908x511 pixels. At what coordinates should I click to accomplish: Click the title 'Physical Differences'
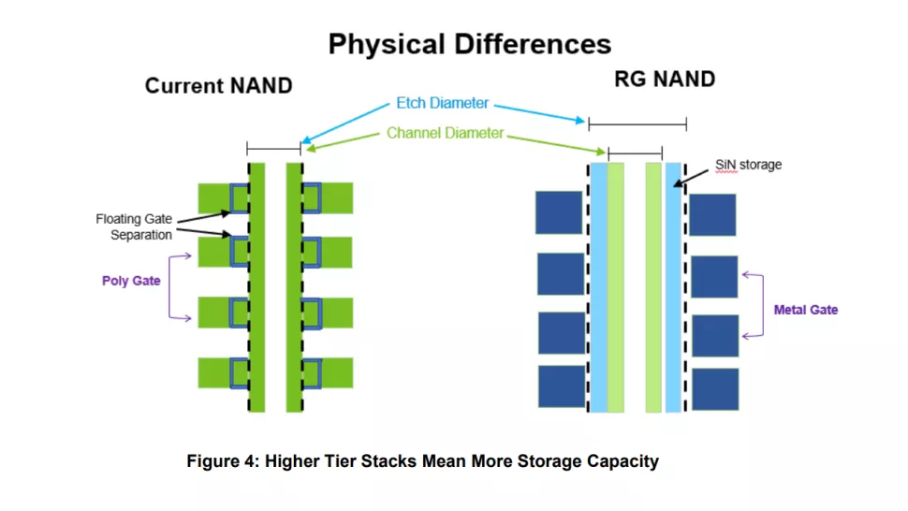tap(469, 43)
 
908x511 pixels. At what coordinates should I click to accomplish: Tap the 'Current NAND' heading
tap(218, 86)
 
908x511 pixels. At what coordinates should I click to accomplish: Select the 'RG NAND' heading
tap(664, 79)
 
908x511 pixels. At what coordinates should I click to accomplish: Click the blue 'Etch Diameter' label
tap(442, 104)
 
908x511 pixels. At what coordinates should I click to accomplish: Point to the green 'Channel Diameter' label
tap(445, 133)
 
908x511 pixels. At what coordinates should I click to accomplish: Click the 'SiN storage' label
tap(748, 165)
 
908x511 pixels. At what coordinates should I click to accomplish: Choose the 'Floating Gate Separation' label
tap(133, 227)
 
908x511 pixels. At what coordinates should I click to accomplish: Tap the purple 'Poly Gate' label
tap(131, 280)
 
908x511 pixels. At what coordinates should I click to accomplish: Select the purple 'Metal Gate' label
tap(805, 310)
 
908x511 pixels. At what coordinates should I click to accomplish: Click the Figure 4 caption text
tap(422, 461)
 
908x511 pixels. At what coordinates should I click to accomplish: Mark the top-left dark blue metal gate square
tap(559, 212)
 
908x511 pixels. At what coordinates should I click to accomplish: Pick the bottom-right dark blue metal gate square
tap(714, 388)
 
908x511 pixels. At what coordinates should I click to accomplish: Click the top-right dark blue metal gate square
tap(712, 214)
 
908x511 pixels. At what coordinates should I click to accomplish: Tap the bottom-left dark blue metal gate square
tap(561, 387)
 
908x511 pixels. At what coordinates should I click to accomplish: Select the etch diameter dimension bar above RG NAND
tap(637, 124)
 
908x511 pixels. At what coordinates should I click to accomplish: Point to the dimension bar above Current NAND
tap(273, 148)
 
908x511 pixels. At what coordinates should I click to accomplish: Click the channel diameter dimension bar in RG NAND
tap(635, 152)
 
